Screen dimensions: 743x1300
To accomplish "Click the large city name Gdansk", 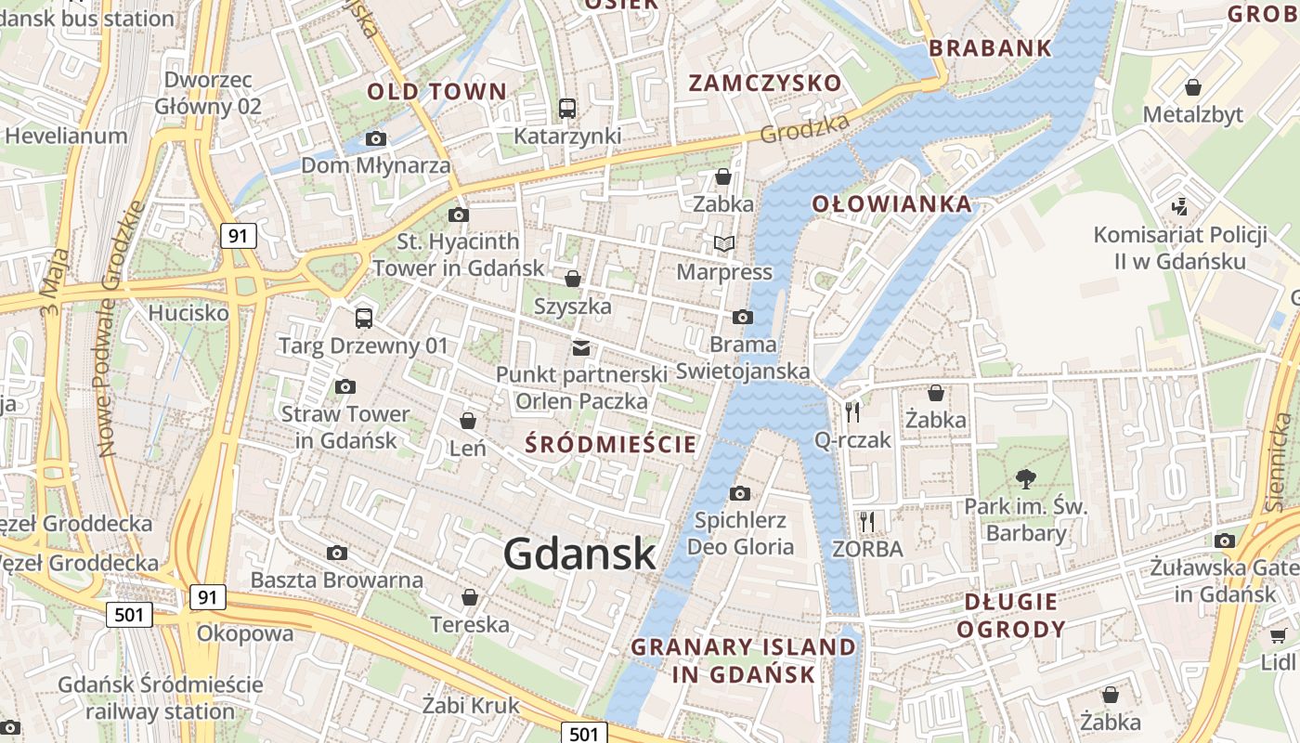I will tap(580, 554).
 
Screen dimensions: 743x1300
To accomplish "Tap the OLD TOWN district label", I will tap(436, 91).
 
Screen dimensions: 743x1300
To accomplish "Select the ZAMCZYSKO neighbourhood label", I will tap(765, 83).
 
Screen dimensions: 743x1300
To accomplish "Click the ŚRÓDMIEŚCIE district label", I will tap(610, 444).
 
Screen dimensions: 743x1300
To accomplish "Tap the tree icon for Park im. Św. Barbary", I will tap(1026, 479).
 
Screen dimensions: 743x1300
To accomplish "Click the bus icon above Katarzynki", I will tap(567, 109).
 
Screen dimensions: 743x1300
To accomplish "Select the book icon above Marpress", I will tap(724, 244).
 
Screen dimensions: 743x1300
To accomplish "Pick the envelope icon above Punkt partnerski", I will tap(581, 348).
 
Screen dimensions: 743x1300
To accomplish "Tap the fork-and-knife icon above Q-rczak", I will tap(852, 411).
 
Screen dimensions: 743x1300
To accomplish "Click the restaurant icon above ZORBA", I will tap(867, 521).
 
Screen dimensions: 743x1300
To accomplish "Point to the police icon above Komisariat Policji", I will tap(1180, 206).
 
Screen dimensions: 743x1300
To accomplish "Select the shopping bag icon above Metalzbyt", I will tap(1193, 87).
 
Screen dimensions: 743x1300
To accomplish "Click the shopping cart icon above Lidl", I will tap(1279, 636).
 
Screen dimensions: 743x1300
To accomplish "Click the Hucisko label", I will tap(188, 313).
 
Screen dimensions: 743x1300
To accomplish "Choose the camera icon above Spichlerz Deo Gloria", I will tap(740, 493).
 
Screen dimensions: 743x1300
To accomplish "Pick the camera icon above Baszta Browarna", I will tap(337, 554).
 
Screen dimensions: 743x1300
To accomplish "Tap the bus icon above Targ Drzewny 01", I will tap(364, 319).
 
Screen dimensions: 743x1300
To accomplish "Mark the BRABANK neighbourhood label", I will tap(990, 48).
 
